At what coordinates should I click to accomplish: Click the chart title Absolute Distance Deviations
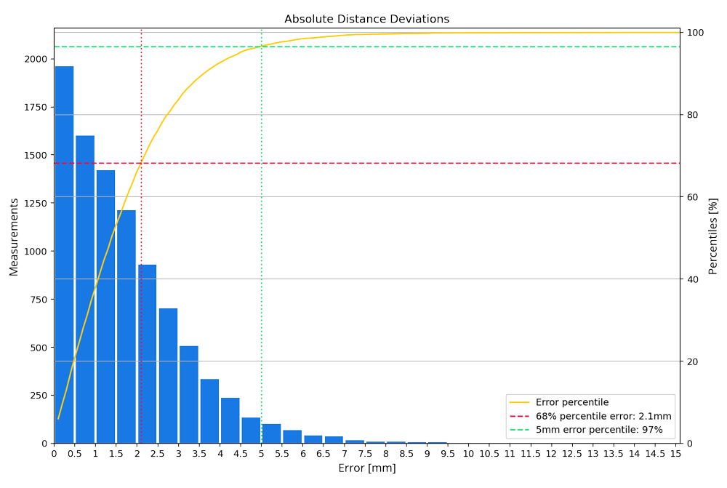click(366, 20)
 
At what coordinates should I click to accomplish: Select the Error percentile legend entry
click(571, 402)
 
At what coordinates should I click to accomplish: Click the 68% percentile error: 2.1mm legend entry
click(603, 416)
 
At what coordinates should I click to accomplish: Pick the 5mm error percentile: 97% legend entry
click(598, 430)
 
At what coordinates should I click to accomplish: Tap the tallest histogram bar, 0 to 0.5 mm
click(64, 255)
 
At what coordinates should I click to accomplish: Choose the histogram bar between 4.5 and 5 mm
click(251, 430)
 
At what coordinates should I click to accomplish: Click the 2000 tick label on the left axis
click(36, 60)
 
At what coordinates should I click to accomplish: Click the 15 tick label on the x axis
click(675, 454)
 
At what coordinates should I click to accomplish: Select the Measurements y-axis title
click(14, 236)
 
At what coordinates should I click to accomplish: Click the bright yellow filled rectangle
click(207, 151)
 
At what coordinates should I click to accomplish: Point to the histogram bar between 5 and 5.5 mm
click(271, 433)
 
